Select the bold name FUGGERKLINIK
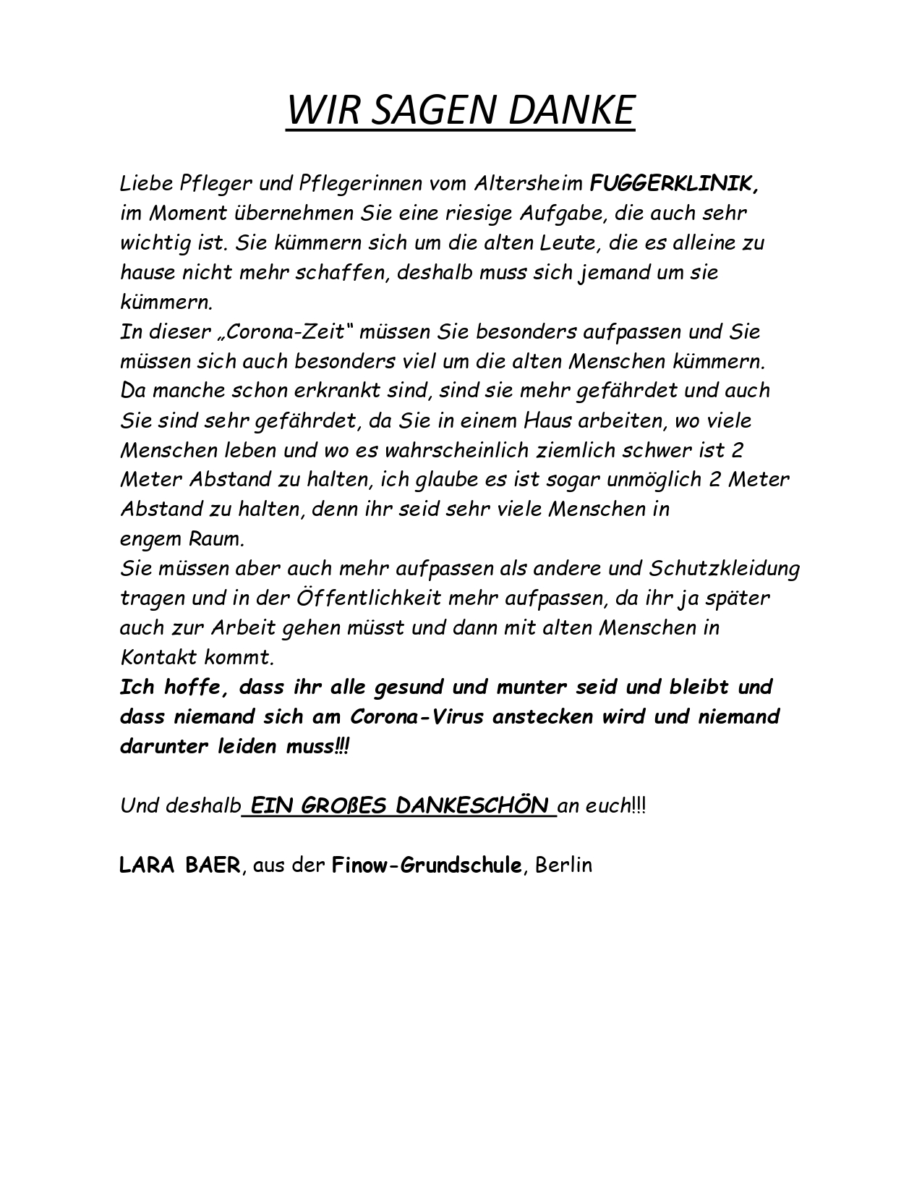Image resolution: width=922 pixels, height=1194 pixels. [x=675, y=183]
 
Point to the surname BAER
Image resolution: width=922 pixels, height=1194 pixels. [x=211, y=865]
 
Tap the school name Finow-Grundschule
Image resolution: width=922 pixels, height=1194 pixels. [x=426, y=865]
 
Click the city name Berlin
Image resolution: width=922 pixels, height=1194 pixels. [x=564, y=865]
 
